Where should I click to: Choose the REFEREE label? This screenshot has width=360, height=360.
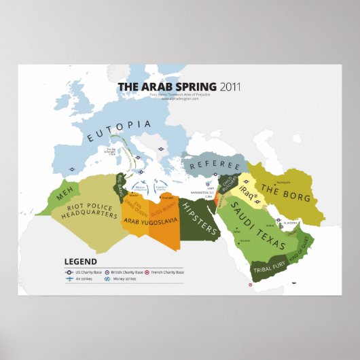pyautogui.click(x=215, y=166)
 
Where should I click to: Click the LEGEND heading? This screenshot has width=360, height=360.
pyautogui.click(x=80, y=261)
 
